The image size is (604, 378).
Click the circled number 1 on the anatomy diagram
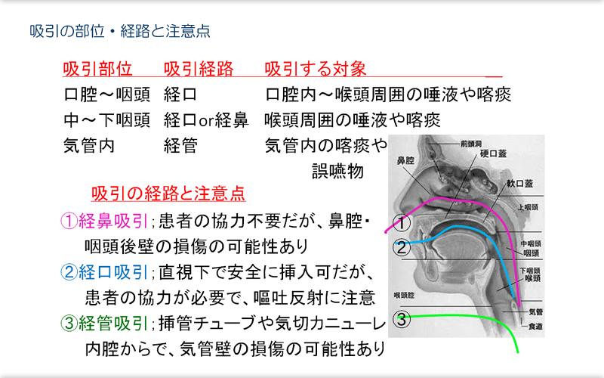tap(402, 222)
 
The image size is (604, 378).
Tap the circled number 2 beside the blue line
tap(402, 247)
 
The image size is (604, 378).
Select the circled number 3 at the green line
tap(402, 319)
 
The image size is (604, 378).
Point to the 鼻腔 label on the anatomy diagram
tap(405, 160)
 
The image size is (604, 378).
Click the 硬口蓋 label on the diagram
tap(494, 153)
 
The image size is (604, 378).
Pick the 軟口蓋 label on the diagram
tap(519, 183)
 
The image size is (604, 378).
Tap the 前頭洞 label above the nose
tap(471, 144)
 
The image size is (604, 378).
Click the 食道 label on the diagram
tap(535, 327)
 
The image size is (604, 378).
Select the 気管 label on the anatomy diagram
tap(536, 311)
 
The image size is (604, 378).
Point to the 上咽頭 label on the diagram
tap(528, 207)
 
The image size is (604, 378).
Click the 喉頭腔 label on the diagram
tap(404, 296)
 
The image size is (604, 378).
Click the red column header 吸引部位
tap(98, 69)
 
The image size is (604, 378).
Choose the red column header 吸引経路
tap(199, 69)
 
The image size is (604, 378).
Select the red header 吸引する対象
tap(316, 69)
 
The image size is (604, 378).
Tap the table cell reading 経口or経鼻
tap(206, 120)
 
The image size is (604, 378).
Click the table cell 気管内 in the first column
tap(89, 146)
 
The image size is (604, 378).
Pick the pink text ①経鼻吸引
tap(104, 221)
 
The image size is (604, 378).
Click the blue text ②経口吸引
tap(104, 272)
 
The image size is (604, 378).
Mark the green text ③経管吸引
tap(104, 324)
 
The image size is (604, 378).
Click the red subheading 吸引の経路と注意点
tap(168, 194)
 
